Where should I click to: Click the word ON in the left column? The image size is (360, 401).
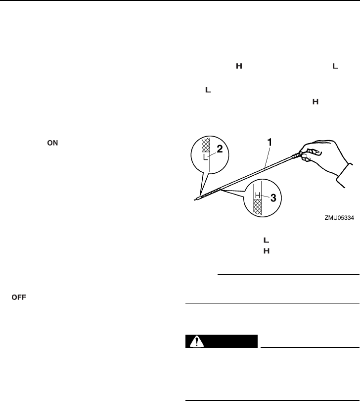(x=52, y=142)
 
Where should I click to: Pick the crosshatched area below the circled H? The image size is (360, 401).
(x=257, y=206)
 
